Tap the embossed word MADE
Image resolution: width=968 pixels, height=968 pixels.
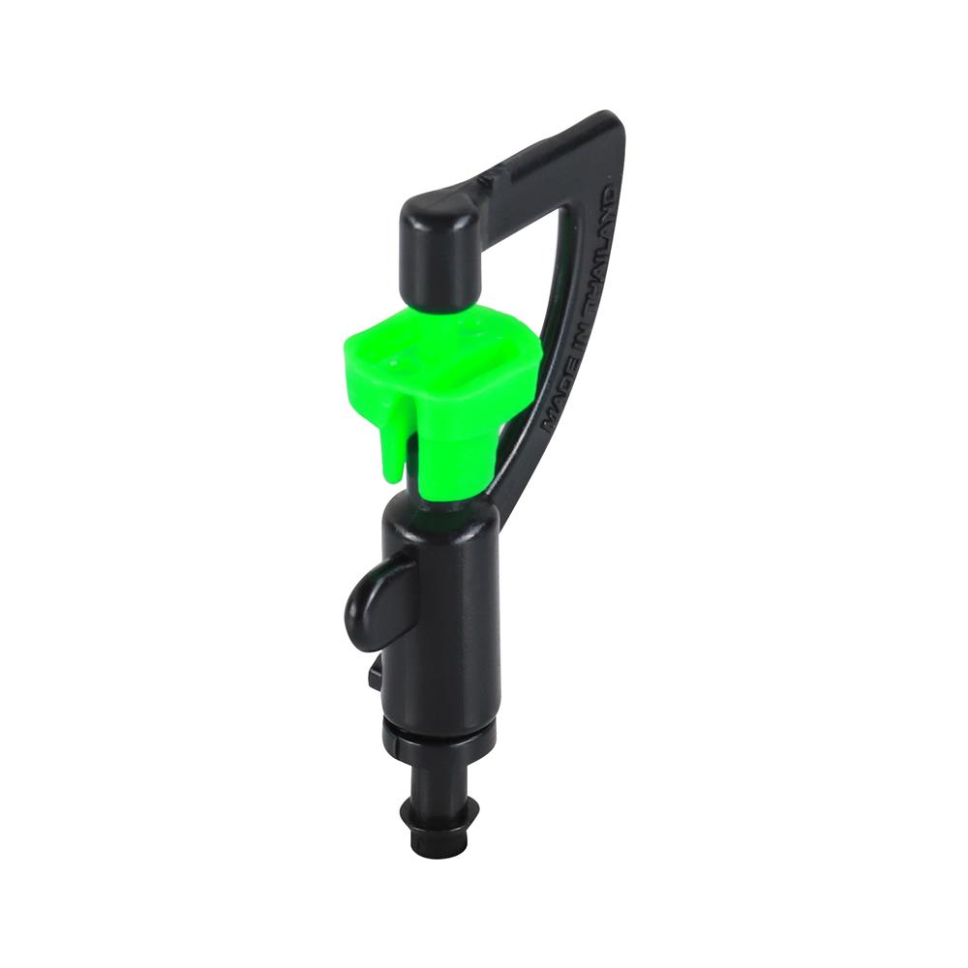[556, 402]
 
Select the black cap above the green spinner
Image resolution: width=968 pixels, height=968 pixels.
[442, 248]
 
